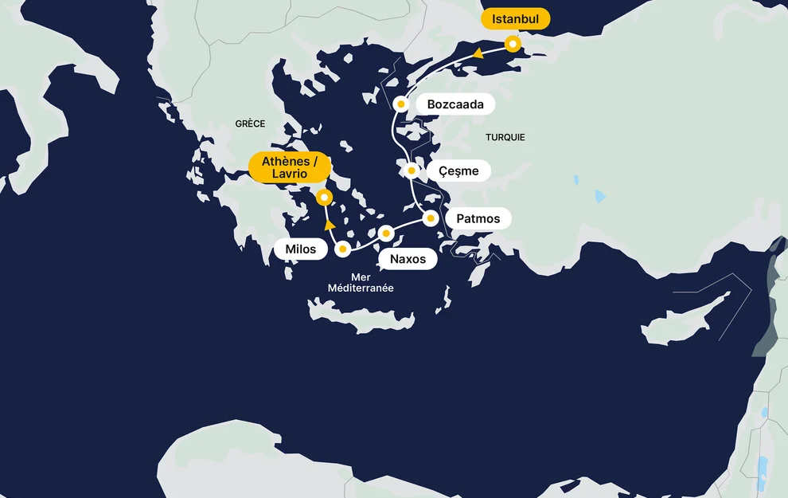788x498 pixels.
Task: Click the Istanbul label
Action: pyautogui.click(x=516, y=18)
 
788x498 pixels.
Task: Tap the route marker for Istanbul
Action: pyautogui.click(x=513, y=44)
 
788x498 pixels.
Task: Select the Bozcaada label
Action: pyautogui.click(x=455, y=104)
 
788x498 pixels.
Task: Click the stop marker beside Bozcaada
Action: pyautogui.click(x=402, y=104)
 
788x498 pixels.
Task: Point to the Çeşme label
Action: pyautogui.click(x=459, y=171)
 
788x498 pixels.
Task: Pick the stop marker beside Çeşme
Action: pyautogui.click(x=412, y=170)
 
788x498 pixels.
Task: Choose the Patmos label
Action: pyautogui.click(x=478, y=218)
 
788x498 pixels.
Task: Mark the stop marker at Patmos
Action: pyautogui.click(x=431, y=218)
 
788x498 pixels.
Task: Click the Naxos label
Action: pyautogui.click(x=408, y=259)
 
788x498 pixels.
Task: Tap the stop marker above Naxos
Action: pyautogui.click(x=386, y=233)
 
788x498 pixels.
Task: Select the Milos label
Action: pyautogui.click(x=300, y=249)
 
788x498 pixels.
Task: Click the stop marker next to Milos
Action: pyautogui.click(x=343, y=249)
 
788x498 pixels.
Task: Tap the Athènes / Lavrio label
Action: pyautogui.click(x=289, y=167)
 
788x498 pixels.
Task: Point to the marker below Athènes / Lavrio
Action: pyautogui.click(x=323, y=197)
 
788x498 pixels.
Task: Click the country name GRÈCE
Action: pyautogui.click(x=250, y=124)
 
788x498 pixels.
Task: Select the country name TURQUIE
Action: pyautogui.click(x=505, y=137)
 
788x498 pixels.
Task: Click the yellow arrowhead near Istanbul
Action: pyautogui.click(x=478, y=53)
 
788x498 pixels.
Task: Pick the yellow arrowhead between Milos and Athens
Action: pyautogui.click(x=329, y=225)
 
